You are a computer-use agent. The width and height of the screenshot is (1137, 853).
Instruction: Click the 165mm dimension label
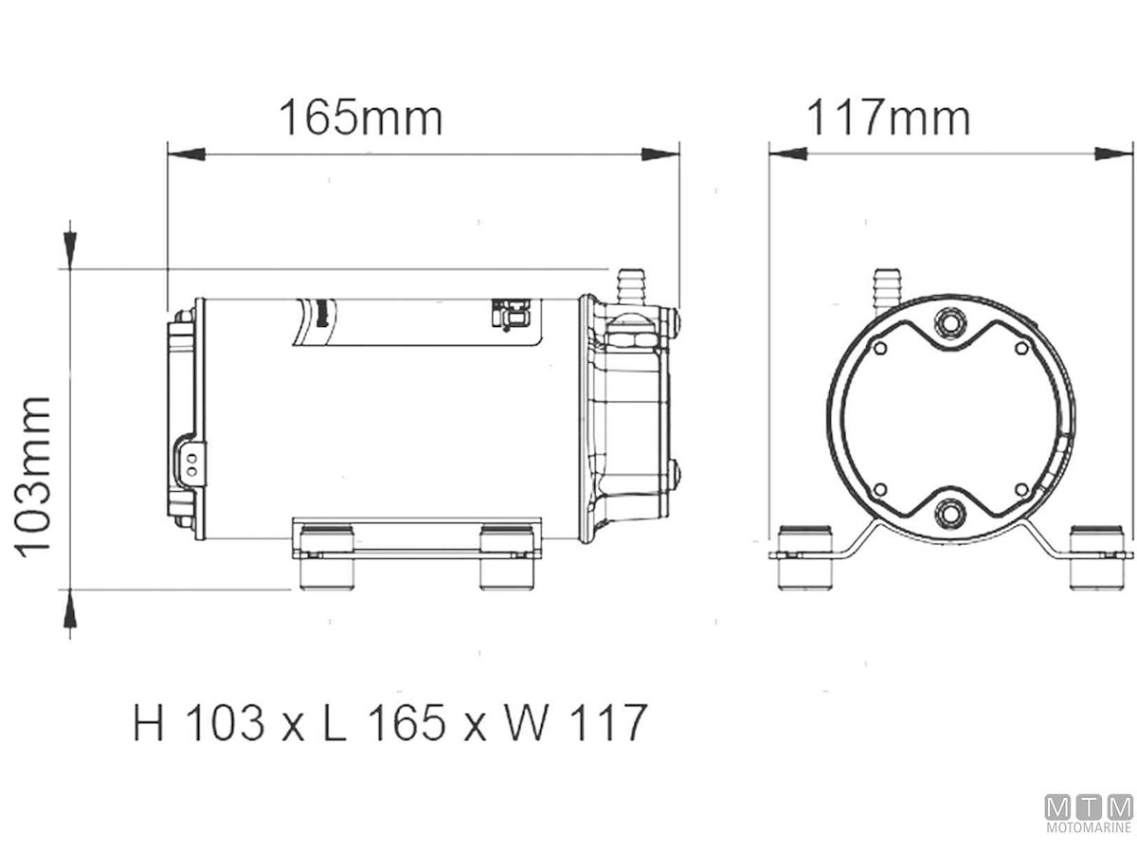(x=360, y=118)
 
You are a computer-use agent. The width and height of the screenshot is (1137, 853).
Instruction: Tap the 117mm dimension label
(x=888, y=118)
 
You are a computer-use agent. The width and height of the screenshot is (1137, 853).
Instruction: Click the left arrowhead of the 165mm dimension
(x=187, y=154)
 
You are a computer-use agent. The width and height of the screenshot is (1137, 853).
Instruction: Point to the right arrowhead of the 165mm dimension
(x=660, y=154)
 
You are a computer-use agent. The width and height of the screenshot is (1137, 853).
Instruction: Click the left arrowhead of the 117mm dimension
(x=788, y=154)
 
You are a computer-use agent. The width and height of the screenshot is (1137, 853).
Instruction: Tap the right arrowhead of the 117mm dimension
(x=1113, y=154)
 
